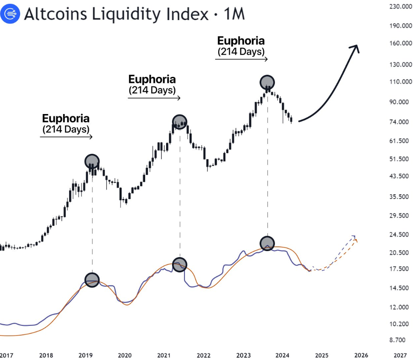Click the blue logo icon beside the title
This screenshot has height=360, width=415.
point(10,14)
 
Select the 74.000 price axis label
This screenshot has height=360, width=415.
point(400,122)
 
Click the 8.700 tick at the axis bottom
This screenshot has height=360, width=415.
point(400,340)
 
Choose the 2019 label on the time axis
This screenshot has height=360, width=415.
point(85,355)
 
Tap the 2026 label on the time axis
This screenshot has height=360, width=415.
point(361,355)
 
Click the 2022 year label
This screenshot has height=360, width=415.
point(204,355)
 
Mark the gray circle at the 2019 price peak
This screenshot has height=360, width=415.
point(92,161)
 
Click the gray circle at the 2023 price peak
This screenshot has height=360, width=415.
point(267,82)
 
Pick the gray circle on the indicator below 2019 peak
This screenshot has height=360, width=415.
point(92,280)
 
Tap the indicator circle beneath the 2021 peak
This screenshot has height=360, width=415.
point(179,265)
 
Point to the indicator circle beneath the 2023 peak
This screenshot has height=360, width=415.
point(267,244)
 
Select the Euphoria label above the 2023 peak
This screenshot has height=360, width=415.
point(241,41)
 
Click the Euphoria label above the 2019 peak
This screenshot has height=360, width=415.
point(66,119)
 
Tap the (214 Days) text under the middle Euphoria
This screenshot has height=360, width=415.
point(152,91)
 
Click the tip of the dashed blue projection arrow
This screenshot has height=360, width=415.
point(354,236)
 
